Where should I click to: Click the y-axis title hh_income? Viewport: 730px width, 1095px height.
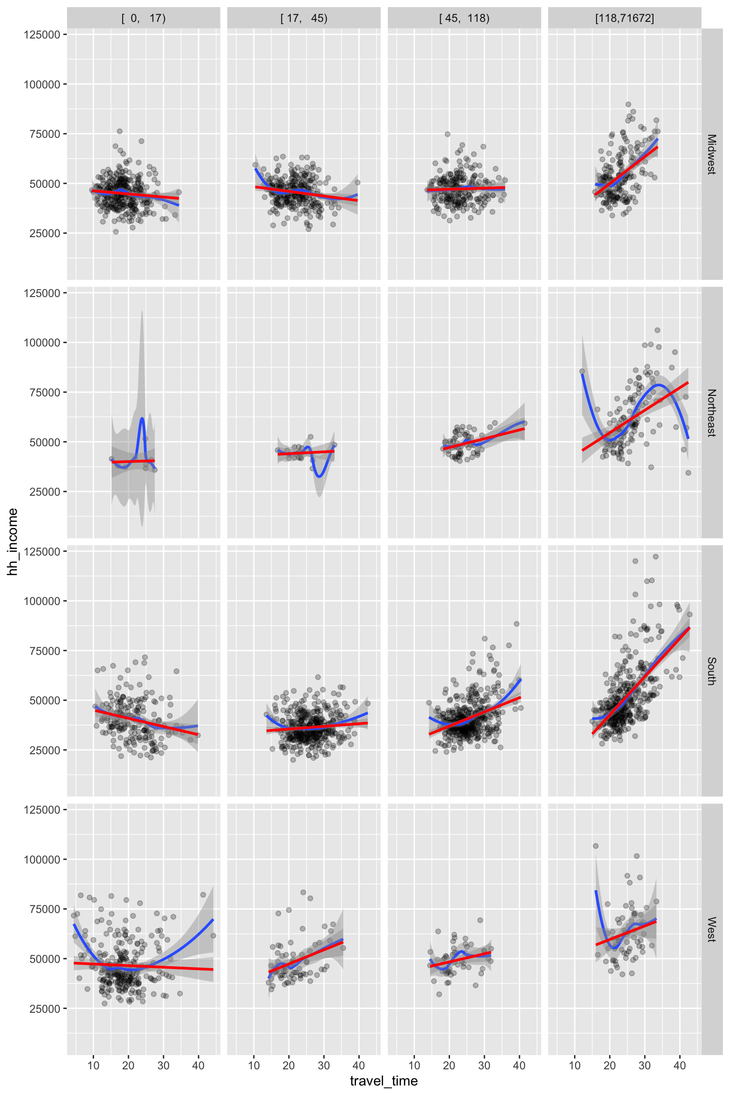13,541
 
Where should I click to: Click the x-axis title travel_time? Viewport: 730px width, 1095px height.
384,1081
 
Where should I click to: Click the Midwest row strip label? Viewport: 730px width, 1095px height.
711,154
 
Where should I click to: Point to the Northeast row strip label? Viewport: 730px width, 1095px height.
711,413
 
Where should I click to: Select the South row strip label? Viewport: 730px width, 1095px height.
711,671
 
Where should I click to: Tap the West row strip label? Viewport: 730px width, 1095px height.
711,930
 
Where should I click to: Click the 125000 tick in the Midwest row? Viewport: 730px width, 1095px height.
42,35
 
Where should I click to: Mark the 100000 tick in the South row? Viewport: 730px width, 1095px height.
42,601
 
